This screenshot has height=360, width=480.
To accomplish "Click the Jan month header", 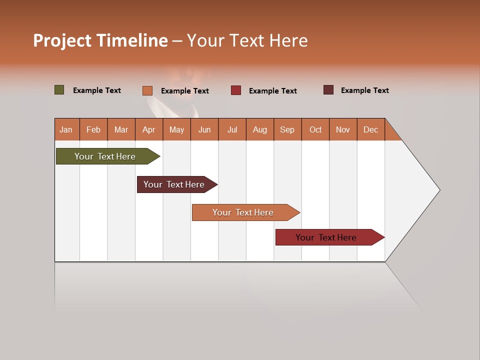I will point(66,129).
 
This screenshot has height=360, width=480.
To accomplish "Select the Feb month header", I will point(93,129).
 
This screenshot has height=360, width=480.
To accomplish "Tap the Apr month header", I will point(148,129).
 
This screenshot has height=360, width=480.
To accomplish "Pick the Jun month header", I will point(204,129).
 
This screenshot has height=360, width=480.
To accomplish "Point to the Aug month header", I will point(259,129).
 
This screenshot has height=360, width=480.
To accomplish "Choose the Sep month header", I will point(287,129).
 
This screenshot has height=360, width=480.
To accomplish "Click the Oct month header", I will point(315,129).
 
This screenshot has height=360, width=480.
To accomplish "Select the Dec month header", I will point(370,129).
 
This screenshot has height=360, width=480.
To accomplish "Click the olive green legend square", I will point(59,90).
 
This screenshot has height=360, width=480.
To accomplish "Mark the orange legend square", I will point(147,90).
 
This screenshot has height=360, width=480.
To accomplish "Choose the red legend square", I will point(236,90).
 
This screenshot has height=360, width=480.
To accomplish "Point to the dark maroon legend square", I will point(328,90).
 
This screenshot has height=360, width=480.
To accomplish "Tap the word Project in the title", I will point(62,40).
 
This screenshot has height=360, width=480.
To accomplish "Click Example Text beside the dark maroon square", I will point(364,90).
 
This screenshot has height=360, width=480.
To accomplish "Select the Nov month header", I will point(343,129).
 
